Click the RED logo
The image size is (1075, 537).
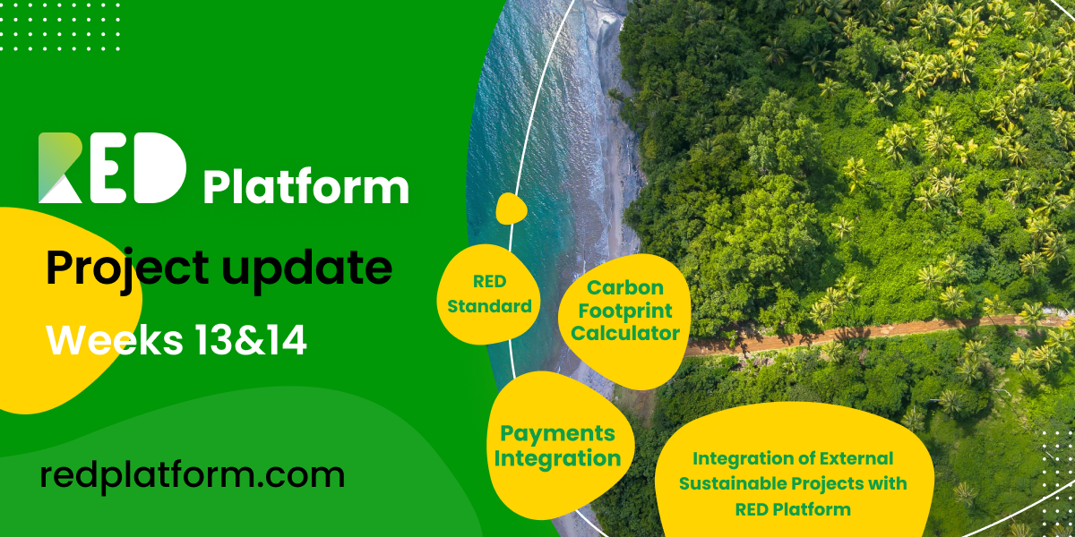[x=112, y=168]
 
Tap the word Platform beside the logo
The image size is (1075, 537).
[x=306, y=187]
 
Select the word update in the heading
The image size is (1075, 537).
[x=306, y=269]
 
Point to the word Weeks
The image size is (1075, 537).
[x=115, y=339]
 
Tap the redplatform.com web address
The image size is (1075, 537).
[x=193, y=475]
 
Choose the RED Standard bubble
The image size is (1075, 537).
[x=488, y=294]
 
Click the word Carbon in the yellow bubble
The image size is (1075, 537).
[x=625, y=287]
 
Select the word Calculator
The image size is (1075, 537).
[x=625, y=333]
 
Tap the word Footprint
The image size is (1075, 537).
[x=625, y=311]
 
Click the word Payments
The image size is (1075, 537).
[x=557, y=434]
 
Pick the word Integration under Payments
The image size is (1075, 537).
[x=557, y=459]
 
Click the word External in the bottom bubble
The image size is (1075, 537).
[x=856, y=458]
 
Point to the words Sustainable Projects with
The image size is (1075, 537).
[x=793, y=484]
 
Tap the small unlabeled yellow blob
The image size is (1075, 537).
[x=511, y=209]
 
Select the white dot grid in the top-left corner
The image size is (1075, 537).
[x=59, y=27]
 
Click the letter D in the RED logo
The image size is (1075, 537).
[x=159, y=168]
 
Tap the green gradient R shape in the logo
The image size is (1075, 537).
[x=59, y=167]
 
